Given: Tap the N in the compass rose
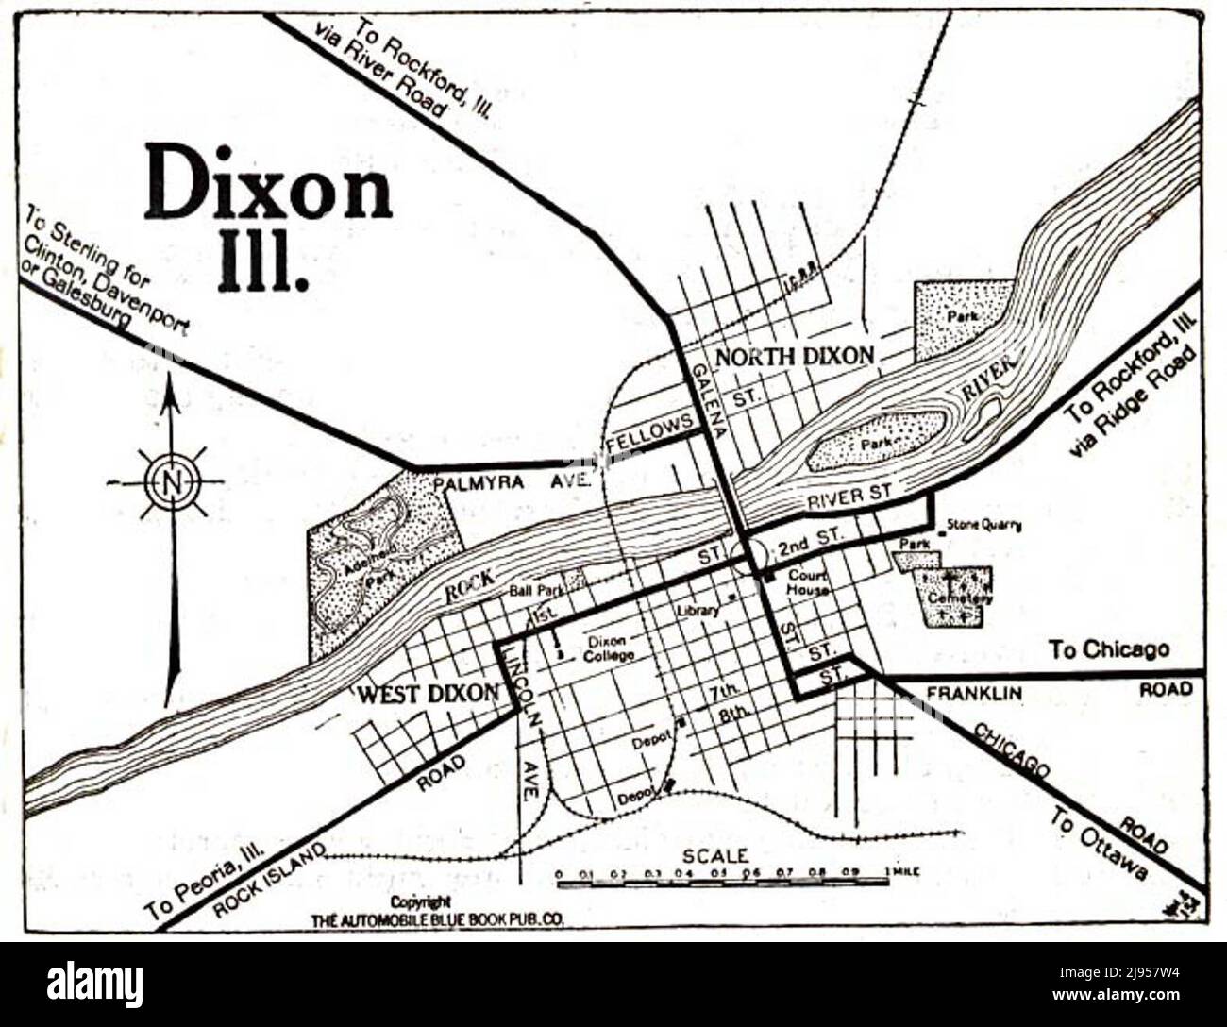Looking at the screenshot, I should coord(171,482).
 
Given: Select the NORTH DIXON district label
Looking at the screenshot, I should coord(795,357).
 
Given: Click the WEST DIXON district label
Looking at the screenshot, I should coord(428,694).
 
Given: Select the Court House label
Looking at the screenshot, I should coord(809,581).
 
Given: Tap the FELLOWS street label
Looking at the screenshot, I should coord(645,436).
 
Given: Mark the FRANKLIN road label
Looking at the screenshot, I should coord(974,694).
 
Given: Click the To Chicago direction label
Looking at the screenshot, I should coord(1109,649).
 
